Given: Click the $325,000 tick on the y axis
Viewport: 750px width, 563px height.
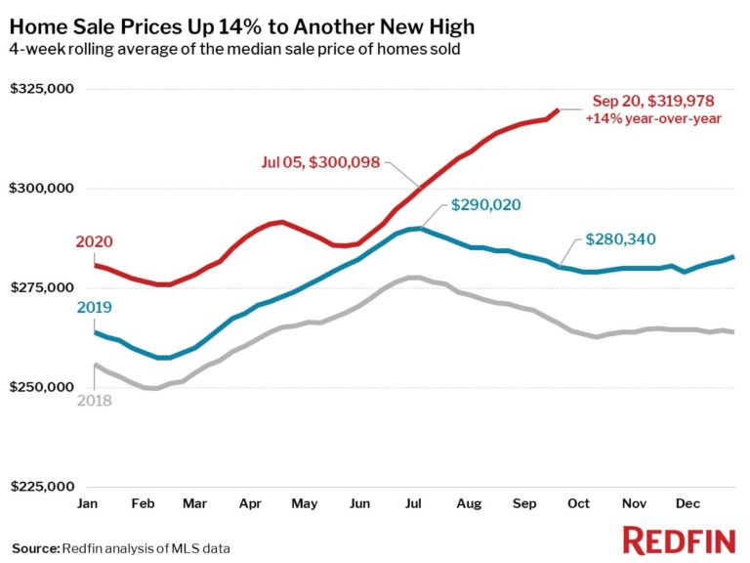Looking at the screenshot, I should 42,89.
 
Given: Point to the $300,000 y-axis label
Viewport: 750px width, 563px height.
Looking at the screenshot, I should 42,189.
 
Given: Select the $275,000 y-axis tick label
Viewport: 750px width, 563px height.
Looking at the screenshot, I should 42,288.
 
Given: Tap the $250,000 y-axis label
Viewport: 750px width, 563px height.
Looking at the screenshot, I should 42,388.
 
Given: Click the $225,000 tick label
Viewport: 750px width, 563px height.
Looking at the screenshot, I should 42,487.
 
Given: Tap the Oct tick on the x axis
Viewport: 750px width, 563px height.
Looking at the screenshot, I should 579,503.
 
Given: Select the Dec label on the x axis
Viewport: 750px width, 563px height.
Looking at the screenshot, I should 688,503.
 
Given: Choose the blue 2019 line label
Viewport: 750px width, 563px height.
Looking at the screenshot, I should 96,308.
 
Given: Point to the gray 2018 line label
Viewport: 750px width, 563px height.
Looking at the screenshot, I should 96,402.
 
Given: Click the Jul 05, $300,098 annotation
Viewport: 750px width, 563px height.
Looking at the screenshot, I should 320,163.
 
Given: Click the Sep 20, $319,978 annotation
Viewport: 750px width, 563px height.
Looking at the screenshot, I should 653,101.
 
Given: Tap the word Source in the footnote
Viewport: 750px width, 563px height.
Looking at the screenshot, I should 34,547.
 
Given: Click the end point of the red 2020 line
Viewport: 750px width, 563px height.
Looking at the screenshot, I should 558,110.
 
